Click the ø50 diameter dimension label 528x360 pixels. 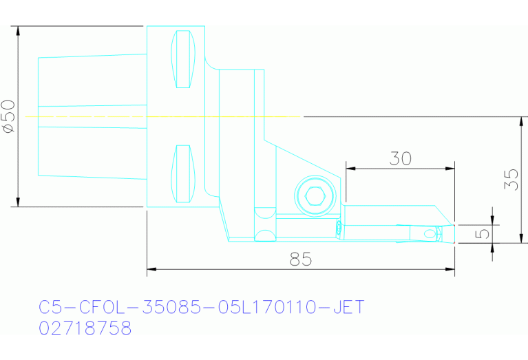8,116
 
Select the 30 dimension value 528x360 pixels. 400,158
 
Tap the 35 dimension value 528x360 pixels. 510,180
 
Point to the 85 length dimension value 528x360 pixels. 301,260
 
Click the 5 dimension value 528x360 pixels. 484,233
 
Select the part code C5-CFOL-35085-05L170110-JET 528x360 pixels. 201,306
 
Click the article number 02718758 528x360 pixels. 85,328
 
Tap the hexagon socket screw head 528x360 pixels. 315,196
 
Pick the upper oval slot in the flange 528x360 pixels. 183,59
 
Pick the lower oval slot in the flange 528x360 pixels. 183,173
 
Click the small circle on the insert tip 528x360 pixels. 430,234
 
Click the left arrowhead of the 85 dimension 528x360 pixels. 151,268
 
